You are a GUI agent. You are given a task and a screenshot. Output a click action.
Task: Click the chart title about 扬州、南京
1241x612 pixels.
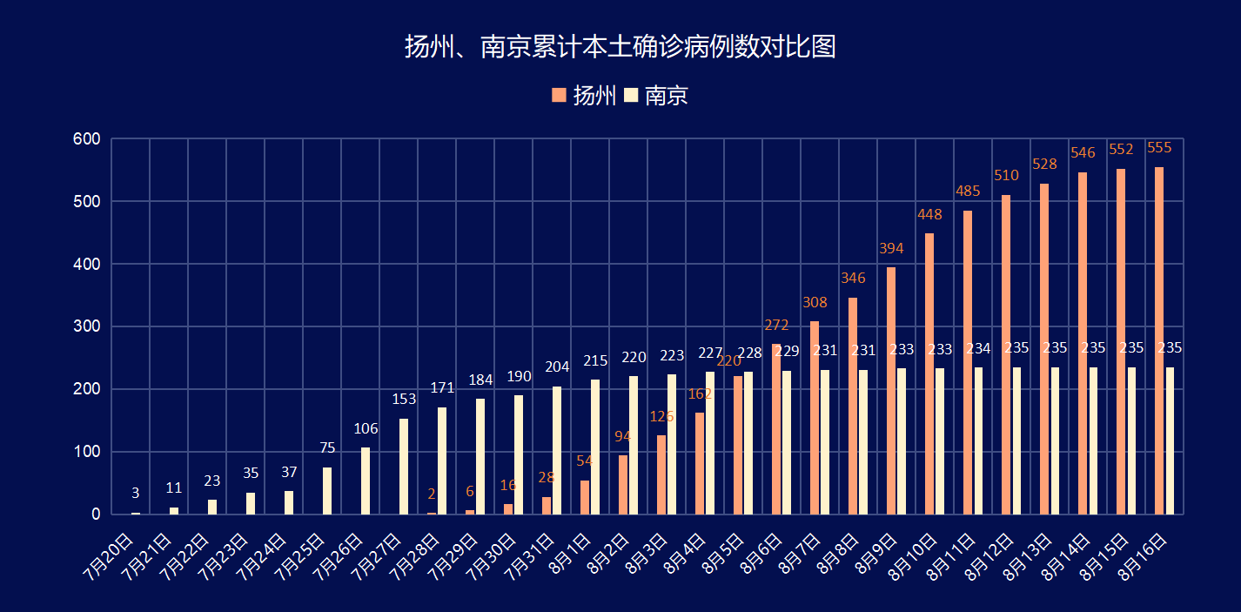coord(620,47)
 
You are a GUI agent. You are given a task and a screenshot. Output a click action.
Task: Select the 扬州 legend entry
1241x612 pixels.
coord(585,95)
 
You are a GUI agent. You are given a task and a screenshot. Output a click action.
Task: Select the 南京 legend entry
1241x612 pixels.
coord(657,95)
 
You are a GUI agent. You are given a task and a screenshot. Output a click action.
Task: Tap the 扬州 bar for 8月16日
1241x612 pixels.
coord(1159,340)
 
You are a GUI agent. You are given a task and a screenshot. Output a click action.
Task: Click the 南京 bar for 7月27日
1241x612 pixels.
coord(404,467)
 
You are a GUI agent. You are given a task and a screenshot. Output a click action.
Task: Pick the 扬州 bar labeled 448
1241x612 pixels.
coord(929,373)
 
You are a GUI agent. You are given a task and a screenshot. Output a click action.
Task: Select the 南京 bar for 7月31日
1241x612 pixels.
coord(557,450)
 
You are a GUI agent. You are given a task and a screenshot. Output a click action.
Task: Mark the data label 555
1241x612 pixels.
coord(1159,148)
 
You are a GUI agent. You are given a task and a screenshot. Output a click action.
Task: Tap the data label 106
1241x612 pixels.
coord(366,428)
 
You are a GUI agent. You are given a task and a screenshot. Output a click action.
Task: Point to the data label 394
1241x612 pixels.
coord(891,248)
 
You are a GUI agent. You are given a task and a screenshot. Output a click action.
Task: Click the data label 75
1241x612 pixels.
coord(327,448)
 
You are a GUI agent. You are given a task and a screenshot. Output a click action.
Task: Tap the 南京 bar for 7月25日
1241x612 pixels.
coord(327,491)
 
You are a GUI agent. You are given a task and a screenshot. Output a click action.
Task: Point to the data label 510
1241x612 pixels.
coord(1006,177)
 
